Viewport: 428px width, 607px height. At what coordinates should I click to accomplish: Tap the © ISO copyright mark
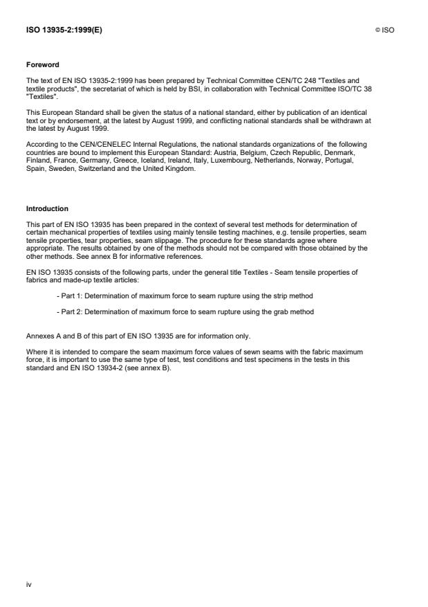384,30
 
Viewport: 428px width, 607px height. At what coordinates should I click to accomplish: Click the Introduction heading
46,208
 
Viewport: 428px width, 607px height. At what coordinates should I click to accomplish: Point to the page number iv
29,584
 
